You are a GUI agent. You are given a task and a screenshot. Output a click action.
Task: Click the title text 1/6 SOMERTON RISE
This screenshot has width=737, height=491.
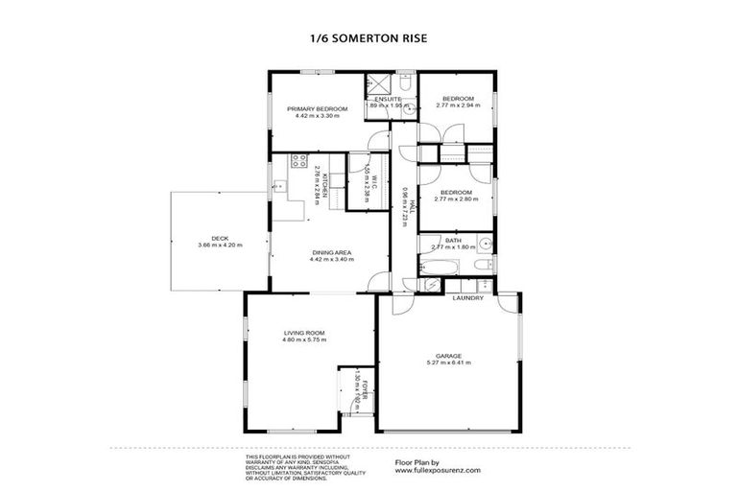click(x=368, y=39)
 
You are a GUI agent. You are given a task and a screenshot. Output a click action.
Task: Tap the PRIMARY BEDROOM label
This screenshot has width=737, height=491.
click(x=317, y=109)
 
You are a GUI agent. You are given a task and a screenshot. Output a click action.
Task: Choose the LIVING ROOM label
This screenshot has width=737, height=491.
click(x=305, y=332)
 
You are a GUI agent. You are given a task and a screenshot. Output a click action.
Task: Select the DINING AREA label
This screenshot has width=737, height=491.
click(x=330, y=251)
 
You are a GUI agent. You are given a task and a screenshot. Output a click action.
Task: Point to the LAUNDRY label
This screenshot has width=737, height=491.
click(x=468, y=297)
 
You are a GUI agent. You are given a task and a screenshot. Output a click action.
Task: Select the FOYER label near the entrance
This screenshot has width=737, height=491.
click(x=366, y=393)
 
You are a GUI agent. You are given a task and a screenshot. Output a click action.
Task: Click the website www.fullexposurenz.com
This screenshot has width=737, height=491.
click(x=437, y=471)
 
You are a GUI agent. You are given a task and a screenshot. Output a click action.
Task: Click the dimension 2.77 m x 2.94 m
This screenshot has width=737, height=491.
click(x=457, y=105)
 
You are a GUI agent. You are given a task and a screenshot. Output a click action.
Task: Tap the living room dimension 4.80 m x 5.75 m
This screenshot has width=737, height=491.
click(x=305, y=340)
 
